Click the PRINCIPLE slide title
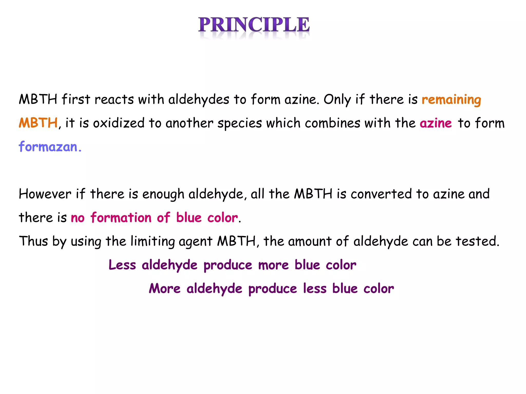254,25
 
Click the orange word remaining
451,100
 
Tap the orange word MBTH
38,123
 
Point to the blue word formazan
48,147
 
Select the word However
45,194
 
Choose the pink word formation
121,218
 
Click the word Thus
33,241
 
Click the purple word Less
122,265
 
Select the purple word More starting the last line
165,288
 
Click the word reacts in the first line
114,100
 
